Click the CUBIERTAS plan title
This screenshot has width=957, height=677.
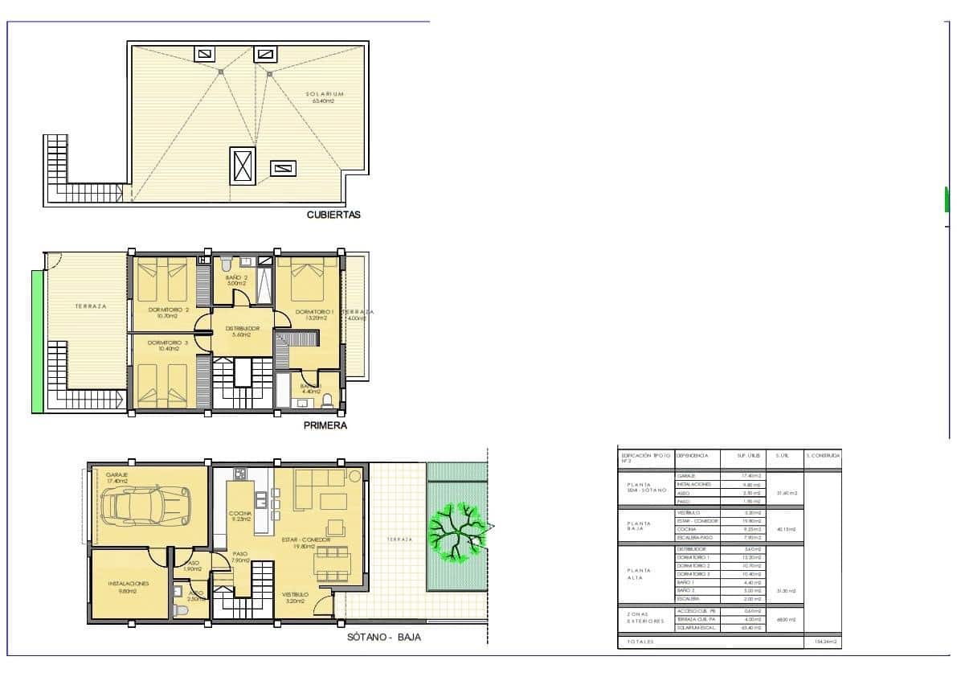(333, 215)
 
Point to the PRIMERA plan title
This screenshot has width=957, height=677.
(325, 426)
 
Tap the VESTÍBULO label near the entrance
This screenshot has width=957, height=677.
(297, 595)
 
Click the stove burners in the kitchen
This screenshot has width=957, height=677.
(239, 472)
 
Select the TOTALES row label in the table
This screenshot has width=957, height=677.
(642, 642)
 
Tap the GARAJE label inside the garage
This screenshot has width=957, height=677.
(117, 476)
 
